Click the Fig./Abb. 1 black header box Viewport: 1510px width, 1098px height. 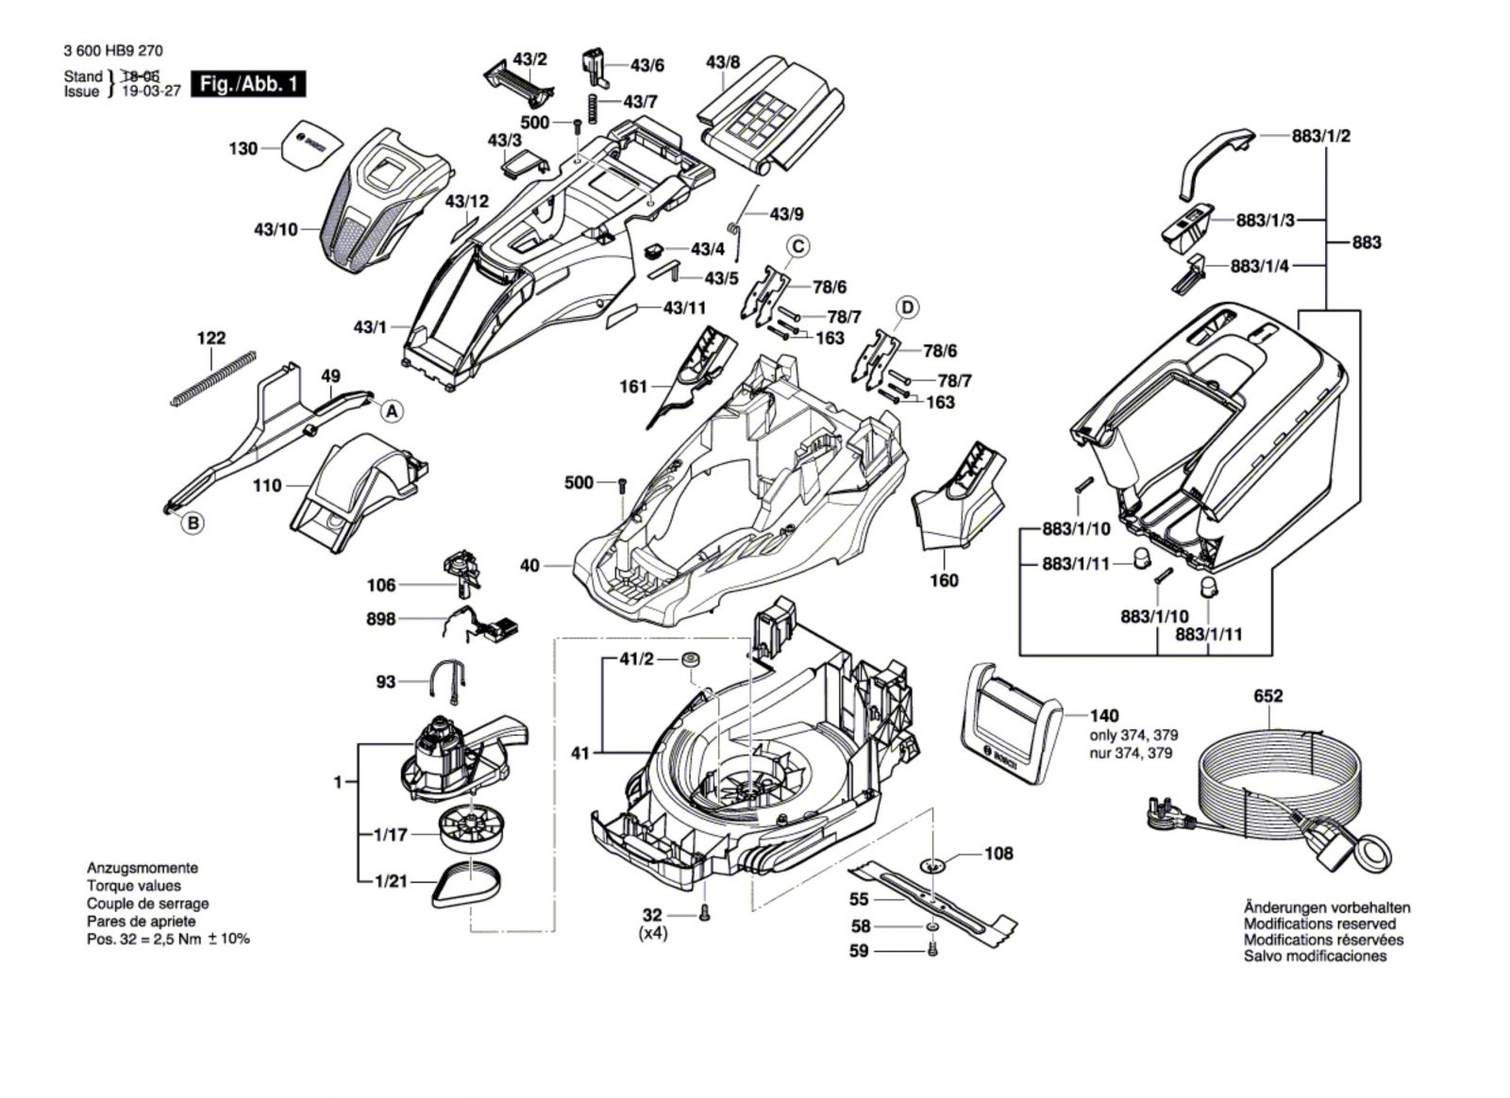(x=248, y=84)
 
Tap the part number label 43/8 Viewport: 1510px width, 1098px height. (x=723, y=63)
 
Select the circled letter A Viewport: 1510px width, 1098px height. (x=392, y=410)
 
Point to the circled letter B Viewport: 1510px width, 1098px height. (x=192, y=523)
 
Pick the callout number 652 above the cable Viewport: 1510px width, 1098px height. (x=1268, y=696)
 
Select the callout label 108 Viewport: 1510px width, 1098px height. (x=998, y=853)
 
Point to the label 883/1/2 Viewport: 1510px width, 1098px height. (x=1320, y=136)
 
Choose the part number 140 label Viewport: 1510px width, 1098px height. (x=1105, y=716)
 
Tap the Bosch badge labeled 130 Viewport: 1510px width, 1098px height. (x=309, y=144)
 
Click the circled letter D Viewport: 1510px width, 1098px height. (x=907, y=308)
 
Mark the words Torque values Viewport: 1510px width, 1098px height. (x=133, y=886)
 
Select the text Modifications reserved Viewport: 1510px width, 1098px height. (x=1318, y=923)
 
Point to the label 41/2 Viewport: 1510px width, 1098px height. (x=636, y=659)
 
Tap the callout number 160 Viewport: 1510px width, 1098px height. (x=944, y=580)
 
